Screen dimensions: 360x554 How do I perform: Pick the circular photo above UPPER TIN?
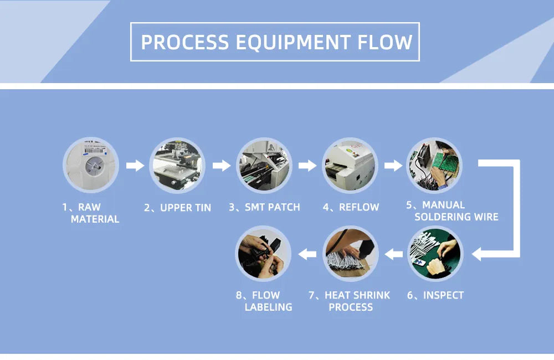[177, 165]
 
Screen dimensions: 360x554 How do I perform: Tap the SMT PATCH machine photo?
[264, 165]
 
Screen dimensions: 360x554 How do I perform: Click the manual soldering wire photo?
[434, 165]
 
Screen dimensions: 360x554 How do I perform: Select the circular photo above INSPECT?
[435, 254]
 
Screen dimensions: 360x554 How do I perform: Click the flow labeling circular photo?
[264, 254]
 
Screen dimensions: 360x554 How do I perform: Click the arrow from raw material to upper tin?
[135, 165]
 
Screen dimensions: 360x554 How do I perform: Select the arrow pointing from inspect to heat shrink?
[394, 254]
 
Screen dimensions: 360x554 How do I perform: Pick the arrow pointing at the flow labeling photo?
[307, 254]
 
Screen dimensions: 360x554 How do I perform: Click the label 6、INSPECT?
[435, 295]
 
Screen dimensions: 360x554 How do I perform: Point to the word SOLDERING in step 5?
[441, 217]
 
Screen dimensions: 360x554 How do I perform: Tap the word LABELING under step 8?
[268, 307]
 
